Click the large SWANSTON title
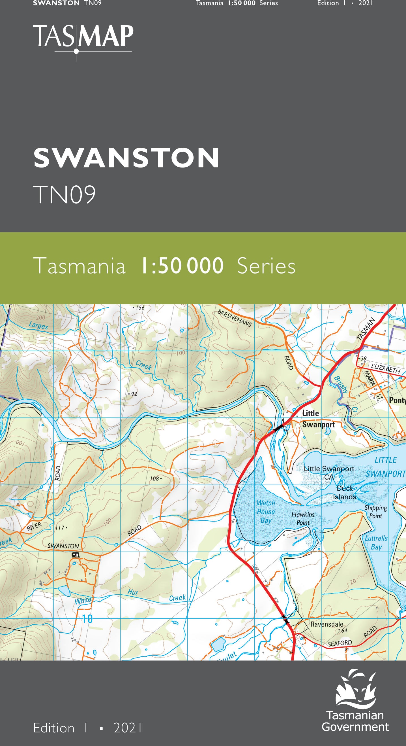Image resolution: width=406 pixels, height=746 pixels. pyautogui.click(x=126, y=158)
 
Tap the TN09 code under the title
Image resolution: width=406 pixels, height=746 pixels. pyautogui.click(x=64, y=194)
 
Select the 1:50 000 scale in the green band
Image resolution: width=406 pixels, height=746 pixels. pyautogui.click(x=182, y=266)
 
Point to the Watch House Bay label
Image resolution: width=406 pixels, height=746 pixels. pyautogui.click(x=266, y=511)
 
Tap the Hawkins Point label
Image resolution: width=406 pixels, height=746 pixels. pyautogui.click(x=303, y=518)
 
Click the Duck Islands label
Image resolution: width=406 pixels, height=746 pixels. pyautogui.click(x=344, y=492)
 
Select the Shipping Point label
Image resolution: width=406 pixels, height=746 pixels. pyautogui.click(x=376, y=512)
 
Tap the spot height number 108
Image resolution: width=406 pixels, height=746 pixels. pyautogui.click(x=154, y=479)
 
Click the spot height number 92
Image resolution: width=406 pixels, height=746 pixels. pyautogui.click(x=134, y=394)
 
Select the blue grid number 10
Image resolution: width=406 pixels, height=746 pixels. pyautogui.click(x=87, y=619)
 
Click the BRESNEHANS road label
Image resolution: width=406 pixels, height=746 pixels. pyautogui.click(x=235, y=318)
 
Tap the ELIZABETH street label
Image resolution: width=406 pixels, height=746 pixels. pyautogui.click(x=385, y=368)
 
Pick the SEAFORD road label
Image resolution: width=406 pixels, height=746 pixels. pyautogui.click(x=340, y=643)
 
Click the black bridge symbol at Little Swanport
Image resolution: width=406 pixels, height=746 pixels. pyautogui.click(x=278, y=427)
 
